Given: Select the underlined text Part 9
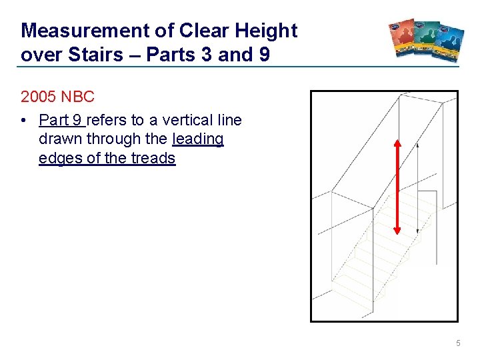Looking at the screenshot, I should point(61,121).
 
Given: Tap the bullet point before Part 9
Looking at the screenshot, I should point(24,121).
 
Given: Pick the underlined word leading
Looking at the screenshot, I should point(198,139).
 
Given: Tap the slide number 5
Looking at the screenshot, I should point(458,343).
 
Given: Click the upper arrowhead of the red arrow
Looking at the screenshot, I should point(397,145).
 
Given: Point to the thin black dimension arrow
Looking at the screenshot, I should point(418,187).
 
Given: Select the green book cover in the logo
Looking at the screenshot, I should point(427,40).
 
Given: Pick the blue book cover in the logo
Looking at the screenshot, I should point(450,43).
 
